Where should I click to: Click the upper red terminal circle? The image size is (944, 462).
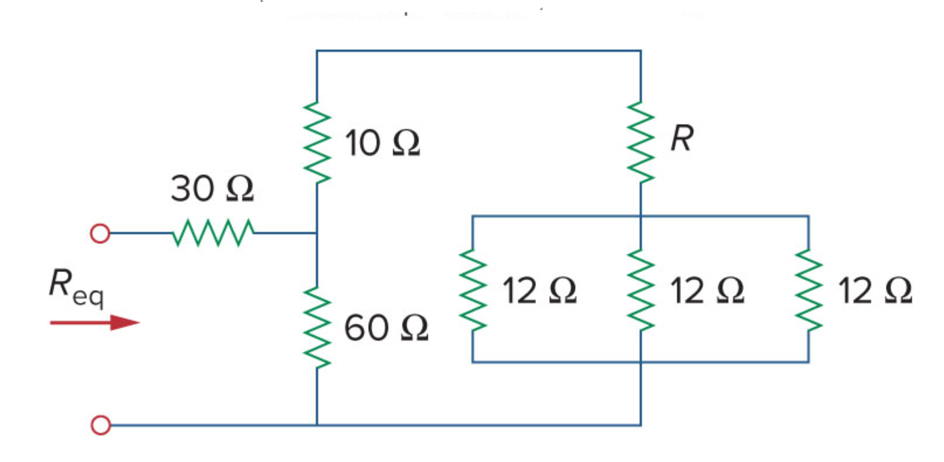point(100,233)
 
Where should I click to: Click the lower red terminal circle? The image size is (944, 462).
point(101,425)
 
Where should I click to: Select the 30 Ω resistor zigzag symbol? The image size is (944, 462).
point(213,232)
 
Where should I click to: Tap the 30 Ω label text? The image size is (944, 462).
point(212,188)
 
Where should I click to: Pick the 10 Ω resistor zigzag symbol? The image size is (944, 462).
point(317,143)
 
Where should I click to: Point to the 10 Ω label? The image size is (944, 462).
point(382,143)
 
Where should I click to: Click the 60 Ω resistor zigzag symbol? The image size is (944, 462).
point(317,327)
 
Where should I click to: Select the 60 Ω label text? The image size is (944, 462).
point(386,327)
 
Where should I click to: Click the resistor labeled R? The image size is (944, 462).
point(641,143)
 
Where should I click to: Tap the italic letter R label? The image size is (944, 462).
point(682,138)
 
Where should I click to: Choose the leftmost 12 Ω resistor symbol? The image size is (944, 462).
point(473,290)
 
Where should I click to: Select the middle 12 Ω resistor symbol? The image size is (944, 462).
point(641,290)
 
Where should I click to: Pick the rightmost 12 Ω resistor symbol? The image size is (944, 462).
point(808,290)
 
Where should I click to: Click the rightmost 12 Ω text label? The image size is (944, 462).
point(874,290)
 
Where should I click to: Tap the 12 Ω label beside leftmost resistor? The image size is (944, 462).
point(539,290)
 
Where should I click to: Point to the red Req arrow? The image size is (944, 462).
point(95,323)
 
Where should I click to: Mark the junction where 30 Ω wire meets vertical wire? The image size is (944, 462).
point(317,233)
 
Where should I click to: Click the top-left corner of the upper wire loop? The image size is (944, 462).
point(317,51)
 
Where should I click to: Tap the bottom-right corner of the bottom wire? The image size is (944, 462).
point(641,425)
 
